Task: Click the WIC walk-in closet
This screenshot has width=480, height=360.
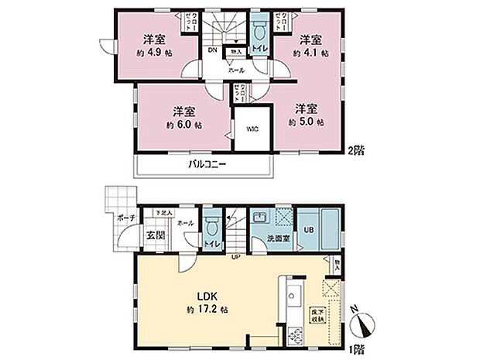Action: (x=252, y=130)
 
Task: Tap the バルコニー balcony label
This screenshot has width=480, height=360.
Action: (x=206, y=166)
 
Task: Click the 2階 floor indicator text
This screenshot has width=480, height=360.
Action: (x=355, y=151)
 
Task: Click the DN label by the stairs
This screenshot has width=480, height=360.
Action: (x=212, y=53)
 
